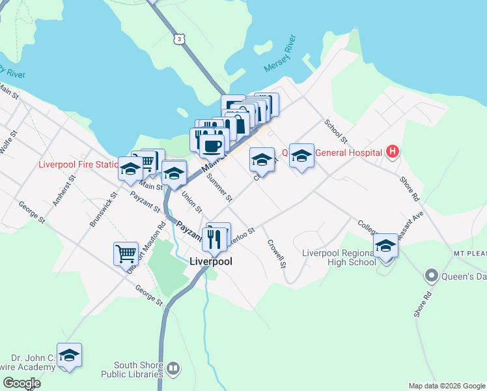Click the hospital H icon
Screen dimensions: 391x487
[x=392, y=152]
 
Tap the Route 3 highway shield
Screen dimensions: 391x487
[x=179, y=40]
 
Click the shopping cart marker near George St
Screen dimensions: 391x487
[x=126, y=253]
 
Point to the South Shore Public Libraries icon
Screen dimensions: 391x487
[x=173, y=369]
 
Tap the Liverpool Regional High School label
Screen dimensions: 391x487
[x=339, y=257]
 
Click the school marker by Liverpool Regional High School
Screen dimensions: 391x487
[x=385, y=246]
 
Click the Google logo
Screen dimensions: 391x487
[x=21, y=383]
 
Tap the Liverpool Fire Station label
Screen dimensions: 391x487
[x=78, y=164]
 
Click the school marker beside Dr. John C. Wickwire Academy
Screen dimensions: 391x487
[x=69, y=355]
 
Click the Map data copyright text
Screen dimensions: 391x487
[x=447, y=386]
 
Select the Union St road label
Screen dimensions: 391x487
[x=191, y=201]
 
